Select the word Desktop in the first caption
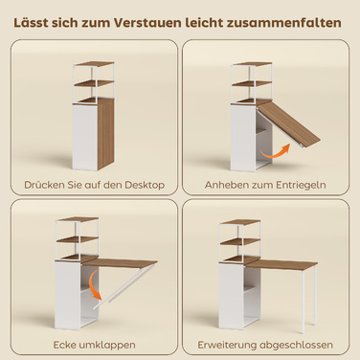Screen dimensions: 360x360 [145, 185]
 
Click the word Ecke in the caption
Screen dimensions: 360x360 [65, 345]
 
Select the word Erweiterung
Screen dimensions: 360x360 [227, 345]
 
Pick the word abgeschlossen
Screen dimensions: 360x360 [296, 345]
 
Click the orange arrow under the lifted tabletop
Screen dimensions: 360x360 [274, 153]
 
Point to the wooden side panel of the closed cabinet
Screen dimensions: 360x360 [105, 134]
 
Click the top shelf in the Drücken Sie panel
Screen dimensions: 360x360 [95, 64]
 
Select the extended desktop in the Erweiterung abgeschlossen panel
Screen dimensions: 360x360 [281, 264]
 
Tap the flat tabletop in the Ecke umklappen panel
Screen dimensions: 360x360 [120, 262]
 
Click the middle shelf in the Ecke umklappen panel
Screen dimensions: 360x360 [78, 239]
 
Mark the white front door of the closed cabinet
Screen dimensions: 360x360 [85, 137]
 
